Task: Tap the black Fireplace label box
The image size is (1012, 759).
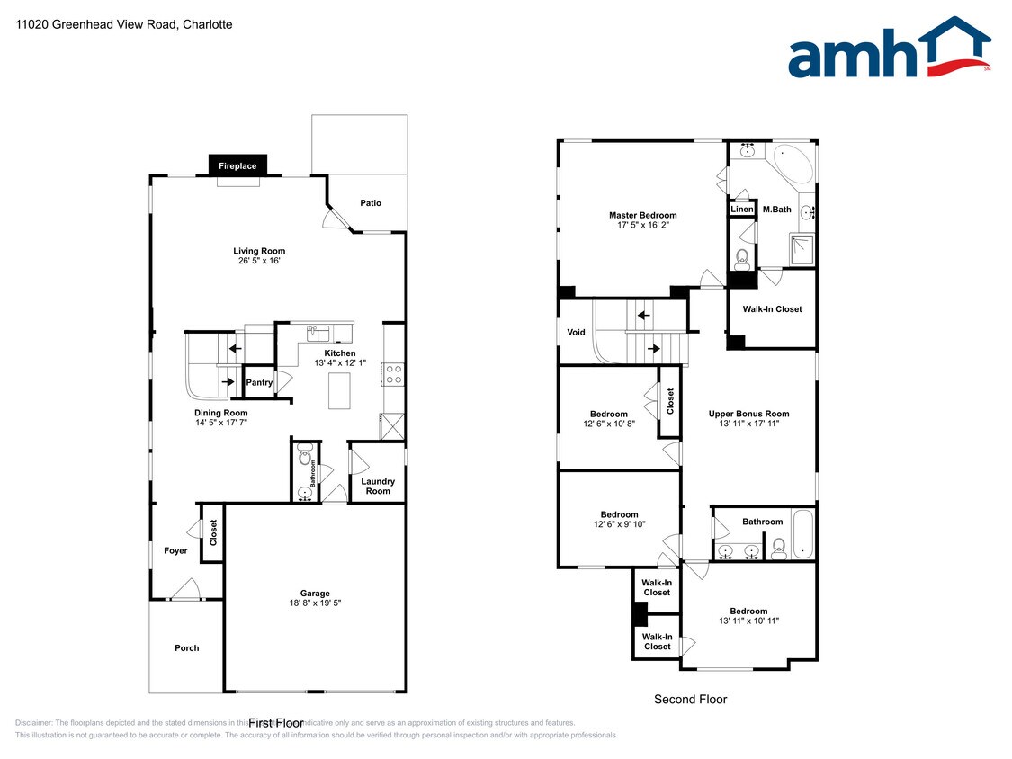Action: [x=237, y=165]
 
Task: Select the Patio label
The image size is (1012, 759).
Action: [x=371, y=203]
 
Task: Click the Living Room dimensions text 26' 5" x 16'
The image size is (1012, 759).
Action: [x=258, y=261]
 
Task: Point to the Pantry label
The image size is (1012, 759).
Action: [x=259, y=383]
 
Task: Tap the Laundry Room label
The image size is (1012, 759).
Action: [x=378, y=487]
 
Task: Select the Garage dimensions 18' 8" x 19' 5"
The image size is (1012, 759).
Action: [x=315, y=603]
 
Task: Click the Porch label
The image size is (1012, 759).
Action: [x=186, y=648]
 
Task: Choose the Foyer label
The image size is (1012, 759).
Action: [x=175, y=550]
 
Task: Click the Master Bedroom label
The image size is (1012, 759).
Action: [x=642, y=216]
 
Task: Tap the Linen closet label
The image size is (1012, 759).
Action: [x=741, y=210]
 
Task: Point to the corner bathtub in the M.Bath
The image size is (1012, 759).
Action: [x=793, y=163]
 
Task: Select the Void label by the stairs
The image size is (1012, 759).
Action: [x=576, y=333]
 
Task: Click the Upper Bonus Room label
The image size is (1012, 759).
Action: [x=748, y=414]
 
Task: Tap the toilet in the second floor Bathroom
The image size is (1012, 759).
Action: [x=779, y=548]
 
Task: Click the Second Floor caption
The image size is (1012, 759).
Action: [x=690, y=699]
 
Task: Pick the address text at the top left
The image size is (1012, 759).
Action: [x=124, y=24]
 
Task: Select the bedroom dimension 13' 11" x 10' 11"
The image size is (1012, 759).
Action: [x=748, y=621]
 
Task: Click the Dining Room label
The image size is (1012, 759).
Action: [x=221, y=413]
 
